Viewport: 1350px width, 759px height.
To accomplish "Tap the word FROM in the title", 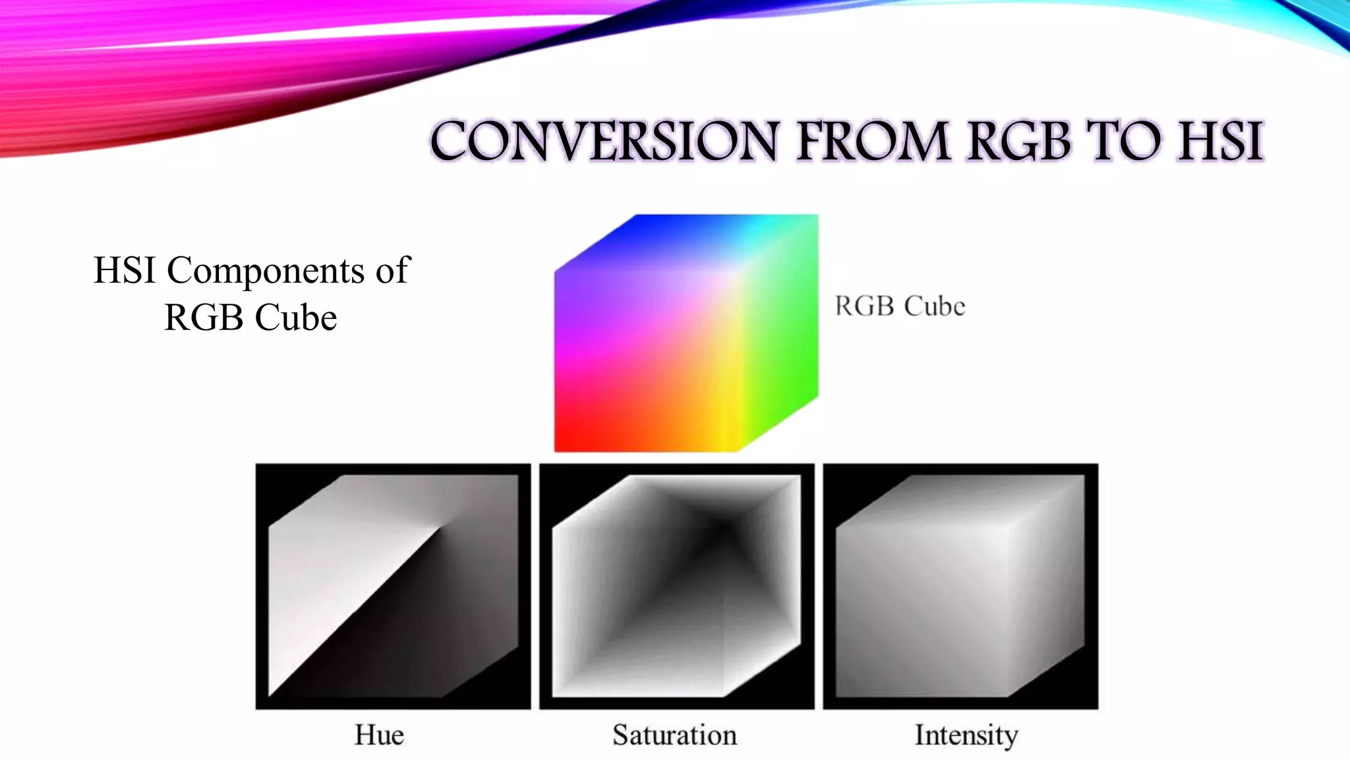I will [x=873, y=141].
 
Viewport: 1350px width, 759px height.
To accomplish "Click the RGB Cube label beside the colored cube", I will [x=900, y=306].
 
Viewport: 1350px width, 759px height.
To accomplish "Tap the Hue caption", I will [x=379, y=735].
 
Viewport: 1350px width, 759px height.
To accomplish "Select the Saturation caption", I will [x=674, y=735].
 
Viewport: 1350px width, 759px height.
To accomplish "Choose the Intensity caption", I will [x=966, y=735].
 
